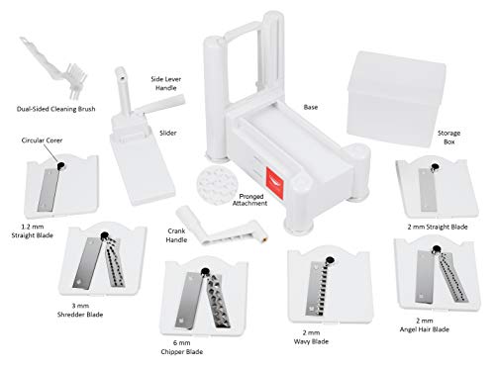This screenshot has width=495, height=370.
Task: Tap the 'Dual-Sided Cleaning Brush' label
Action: [x=56, y=109]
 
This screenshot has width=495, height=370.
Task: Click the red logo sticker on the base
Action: [x=274, y=183]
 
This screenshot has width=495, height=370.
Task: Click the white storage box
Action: [x=396, y=98]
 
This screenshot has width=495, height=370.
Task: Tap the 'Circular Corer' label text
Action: [x=42, y=140]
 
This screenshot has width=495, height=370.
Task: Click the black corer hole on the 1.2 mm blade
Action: [x=61, y=165]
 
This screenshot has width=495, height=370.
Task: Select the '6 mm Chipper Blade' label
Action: [x=182, y=347]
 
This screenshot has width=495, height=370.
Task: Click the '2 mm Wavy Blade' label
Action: [x=311, y=337]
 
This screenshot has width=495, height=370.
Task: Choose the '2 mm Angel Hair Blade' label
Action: [x=425, y=324]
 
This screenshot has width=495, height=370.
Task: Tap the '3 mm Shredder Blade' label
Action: [x=80, y=310]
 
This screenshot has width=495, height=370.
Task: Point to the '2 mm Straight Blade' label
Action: [x=438, y=227]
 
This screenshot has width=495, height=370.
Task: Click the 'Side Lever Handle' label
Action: [x=166, y=83]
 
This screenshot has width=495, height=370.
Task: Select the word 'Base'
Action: [x=311, y=107]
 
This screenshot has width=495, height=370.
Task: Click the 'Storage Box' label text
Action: [x=448, y=138]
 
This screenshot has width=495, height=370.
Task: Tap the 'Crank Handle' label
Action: [x=176, y=235]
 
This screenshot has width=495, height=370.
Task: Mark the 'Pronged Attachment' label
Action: [x=250, y=200]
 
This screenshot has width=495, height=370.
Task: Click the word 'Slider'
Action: [x=168, y=133]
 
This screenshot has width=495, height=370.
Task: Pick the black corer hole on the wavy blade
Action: [x=330, y=260]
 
